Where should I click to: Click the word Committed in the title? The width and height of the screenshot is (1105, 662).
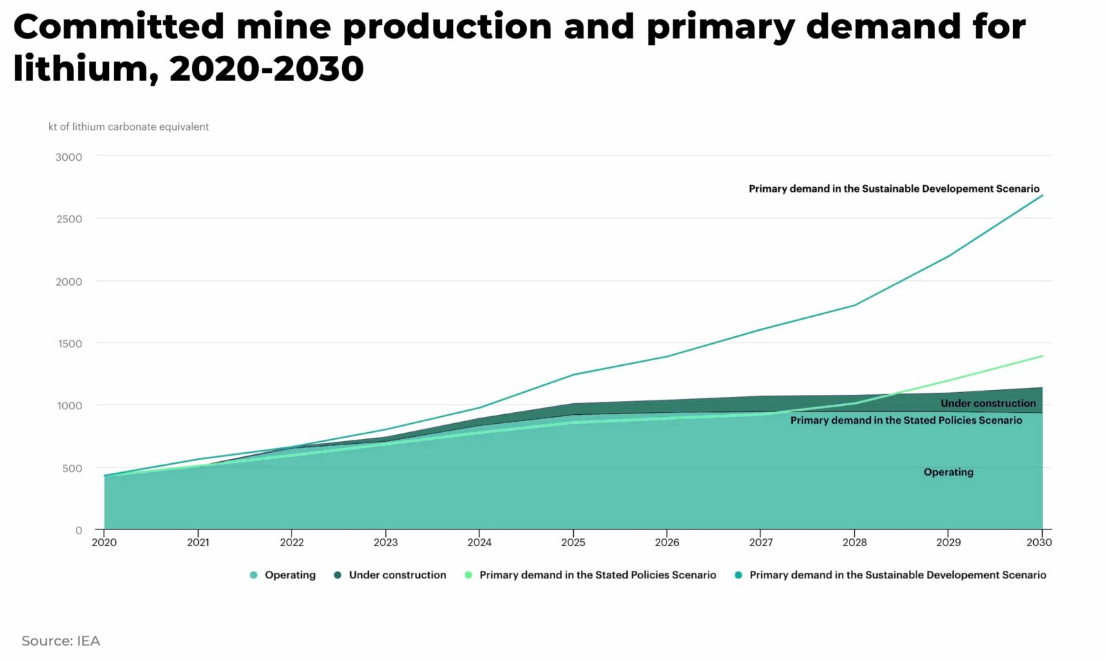pyautogui.click(x=119, y=28)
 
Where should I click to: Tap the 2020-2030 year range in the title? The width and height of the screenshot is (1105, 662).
pyautogui.click(x=266, y=69)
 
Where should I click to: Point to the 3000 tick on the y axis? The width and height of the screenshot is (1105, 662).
pyautogui.click(x=68, y=157)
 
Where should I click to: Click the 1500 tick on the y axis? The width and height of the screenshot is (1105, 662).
pyautogui.click(x=69, y=343)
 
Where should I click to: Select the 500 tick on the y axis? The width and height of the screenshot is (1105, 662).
pyautogui.click(x=72, y=468)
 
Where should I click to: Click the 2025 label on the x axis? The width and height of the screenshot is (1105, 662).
pyautogui.click(x=573, y=543)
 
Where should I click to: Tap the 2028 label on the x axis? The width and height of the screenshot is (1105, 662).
pyautogui.click(x=854, y=543)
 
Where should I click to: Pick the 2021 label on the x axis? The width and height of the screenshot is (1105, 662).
pyautogui.click(x=198, y=543)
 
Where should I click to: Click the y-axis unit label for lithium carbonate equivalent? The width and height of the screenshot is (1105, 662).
pyautogui.click(x=128, y=127)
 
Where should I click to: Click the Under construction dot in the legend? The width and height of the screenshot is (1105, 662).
pyautogui.click(x=338, y=575)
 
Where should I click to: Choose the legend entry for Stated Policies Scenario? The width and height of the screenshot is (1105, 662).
pyautogui.click(x=597, y=575)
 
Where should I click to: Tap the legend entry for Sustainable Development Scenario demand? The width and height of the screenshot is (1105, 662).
pyautogui.click(x=897, y=575)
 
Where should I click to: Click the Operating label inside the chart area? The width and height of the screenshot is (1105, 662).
pyautogui.click(x=948, y=472)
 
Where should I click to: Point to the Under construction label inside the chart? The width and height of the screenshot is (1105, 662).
pyautogui.click(x=988, y=403)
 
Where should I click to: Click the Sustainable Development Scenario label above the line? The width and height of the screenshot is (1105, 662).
pyautogui.click(x=894, y=188)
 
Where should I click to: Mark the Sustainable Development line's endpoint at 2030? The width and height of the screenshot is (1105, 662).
pyautogui.click(x=1042, y=195)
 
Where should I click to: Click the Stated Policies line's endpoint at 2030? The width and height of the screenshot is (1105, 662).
pyautogui.click(x=1042, y=356)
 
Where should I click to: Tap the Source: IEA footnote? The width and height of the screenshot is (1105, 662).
pyautogui.click(x=61, y=641)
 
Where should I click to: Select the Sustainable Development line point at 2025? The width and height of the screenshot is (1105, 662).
pyautogui.click(x=573, y=375)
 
